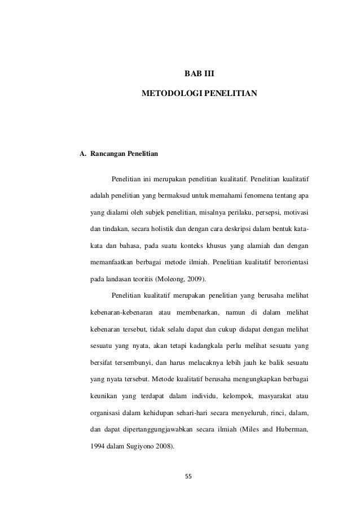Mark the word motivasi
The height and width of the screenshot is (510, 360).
pos(294,213)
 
